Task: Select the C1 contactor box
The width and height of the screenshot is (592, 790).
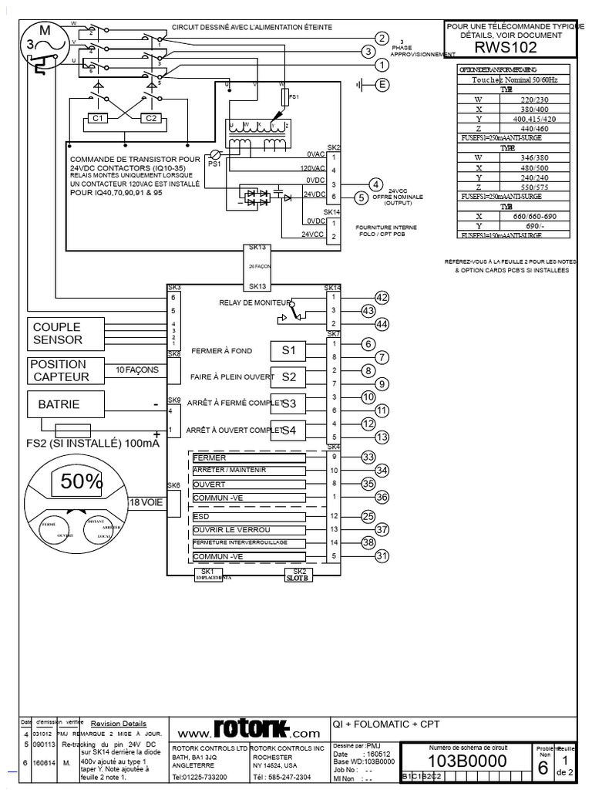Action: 97,118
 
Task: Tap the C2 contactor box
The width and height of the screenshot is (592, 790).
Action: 151,118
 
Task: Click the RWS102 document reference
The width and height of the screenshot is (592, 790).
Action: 510,47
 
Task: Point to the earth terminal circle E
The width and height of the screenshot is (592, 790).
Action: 383,86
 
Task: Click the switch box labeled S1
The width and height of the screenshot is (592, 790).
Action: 288,350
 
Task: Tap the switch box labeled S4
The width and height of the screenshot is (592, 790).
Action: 288,430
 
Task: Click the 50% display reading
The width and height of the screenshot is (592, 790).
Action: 82,482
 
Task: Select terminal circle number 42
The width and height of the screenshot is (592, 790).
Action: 382,297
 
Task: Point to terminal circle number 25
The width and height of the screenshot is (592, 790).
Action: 368,516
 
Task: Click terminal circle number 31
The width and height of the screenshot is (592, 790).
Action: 382,556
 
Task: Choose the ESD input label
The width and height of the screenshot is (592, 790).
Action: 201,516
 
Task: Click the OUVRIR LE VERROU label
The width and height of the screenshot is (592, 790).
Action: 231,529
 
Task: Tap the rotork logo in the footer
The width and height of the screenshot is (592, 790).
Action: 251,729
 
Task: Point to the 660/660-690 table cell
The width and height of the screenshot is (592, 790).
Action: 533,217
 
